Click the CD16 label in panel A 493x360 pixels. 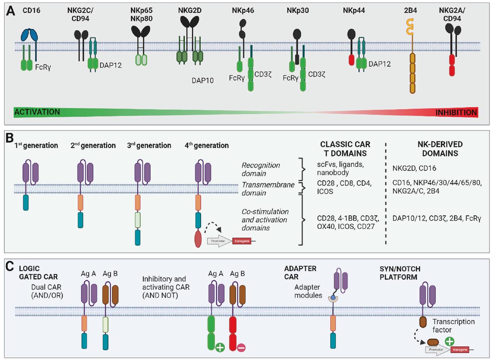pos(31,11)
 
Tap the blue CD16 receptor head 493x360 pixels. pos(29,35)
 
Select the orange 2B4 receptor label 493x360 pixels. pos(410,11)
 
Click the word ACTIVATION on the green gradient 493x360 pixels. pos(37,112)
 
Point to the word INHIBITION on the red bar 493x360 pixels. pos(456,112)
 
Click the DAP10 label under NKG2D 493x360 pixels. pos(203,80)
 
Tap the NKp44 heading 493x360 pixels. pos(354,11)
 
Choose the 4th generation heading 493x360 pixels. pos(206,146)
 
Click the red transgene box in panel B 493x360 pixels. pos(242,241)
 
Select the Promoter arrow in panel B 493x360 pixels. pos(219,241)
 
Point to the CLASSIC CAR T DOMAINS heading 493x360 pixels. pos(345,149)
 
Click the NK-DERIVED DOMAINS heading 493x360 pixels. pos(440,149)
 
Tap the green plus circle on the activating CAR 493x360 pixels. pos(220,347)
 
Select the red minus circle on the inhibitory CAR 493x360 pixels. pos(241,347)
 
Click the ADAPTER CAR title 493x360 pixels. pos(300,272)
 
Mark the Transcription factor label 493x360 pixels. pos(453,326)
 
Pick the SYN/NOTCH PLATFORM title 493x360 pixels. pos(400,273)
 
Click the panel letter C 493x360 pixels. pos(10,266)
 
